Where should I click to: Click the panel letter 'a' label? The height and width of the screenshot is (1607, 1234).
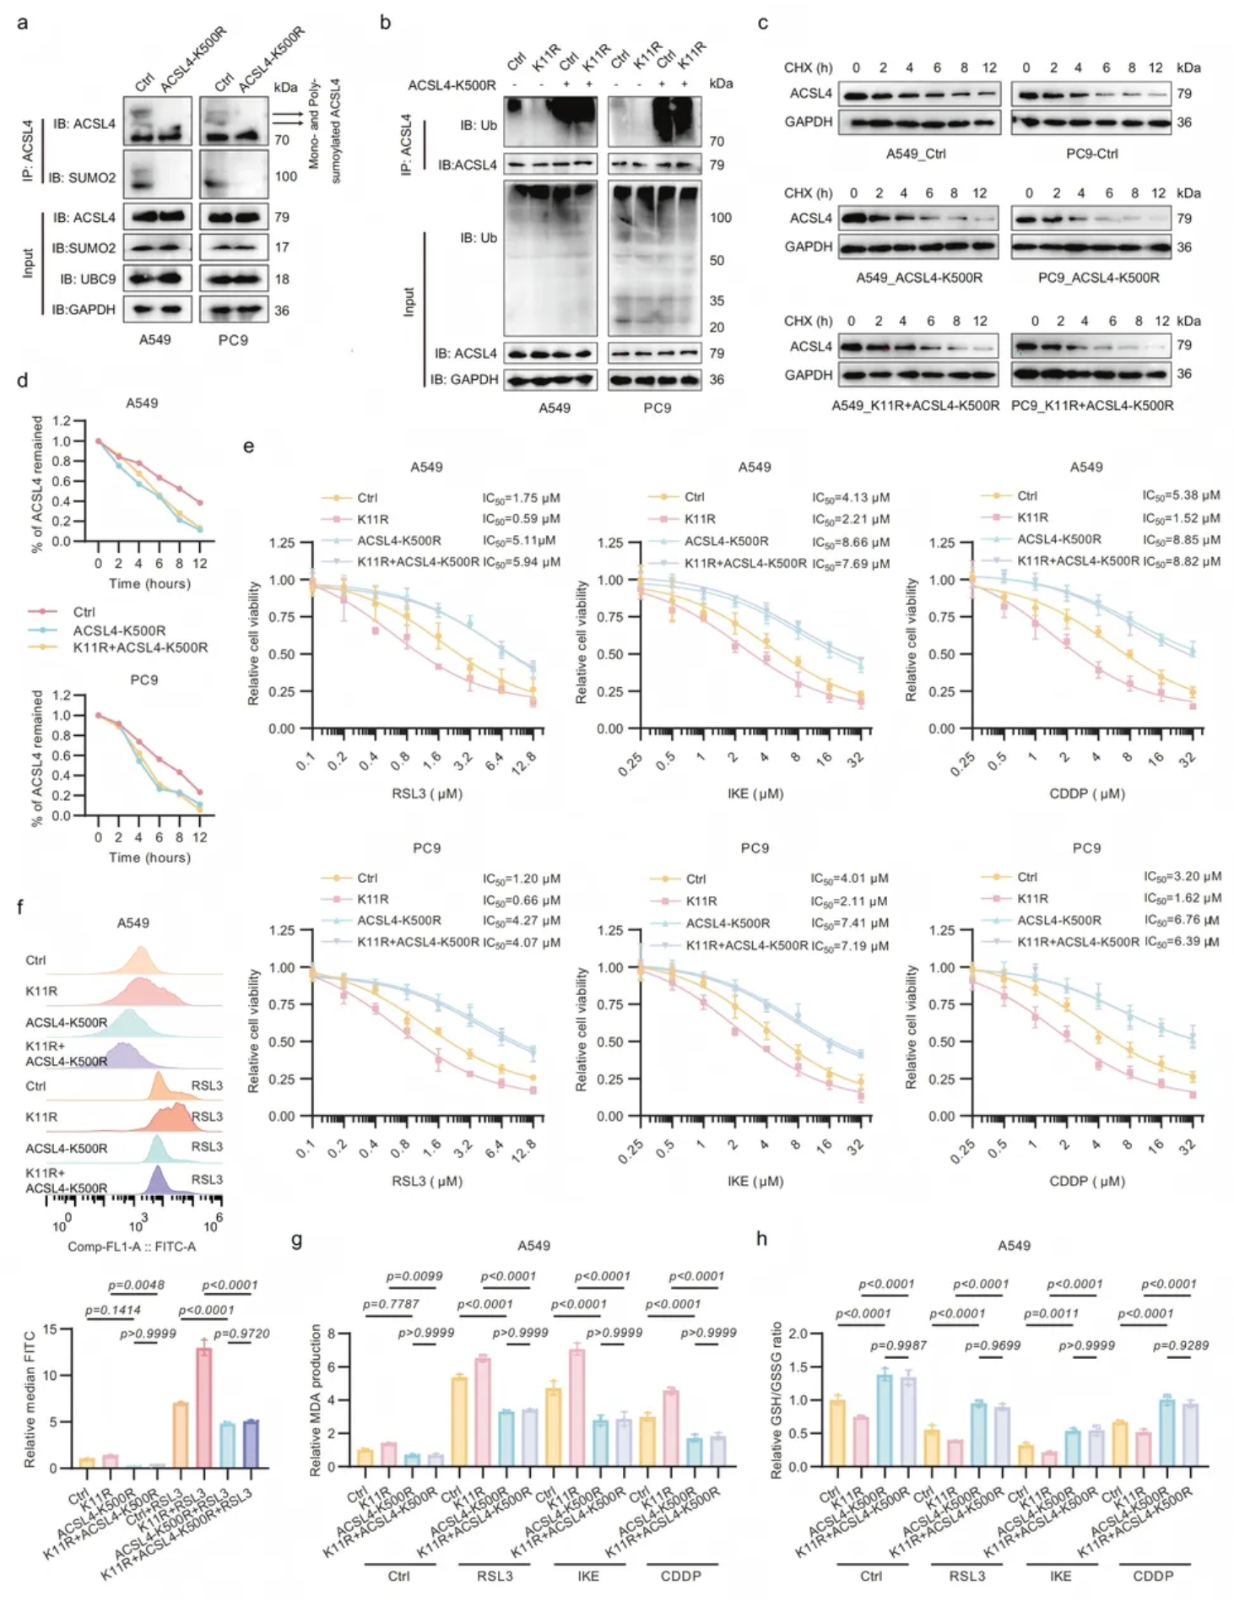click(x=22, y=22)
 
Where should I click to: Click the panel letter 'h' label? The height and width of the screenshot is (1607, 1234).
click(x=762, y=1238)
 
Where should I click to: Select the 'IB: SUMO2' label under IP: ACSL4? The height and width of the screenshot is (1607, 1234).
click(x=82, y=177)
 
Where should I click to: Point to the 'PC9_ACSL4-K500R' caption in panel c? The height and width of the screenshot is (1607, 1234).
click(x=1098, y=278)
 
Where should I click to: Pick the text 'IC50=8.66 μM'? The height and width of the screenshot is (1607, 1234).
click(x=851, y=542)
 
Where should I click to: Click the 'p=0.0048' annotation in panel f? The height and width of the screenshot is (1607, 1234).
click(x=136, y=1285)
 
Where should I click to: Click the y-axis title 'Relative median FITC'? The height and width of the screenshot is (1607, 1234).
click(x=30, y=1399)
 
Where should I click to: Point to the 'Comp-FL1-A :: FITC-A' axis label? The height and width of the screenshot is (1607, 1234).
click(x=133, y=1246)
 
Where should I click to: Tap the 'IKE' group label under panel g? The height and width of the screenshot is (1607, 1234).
click(x=588, y=1576)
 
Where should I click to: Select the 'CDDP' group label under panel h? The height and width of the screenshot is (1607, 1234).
click(x=1153, y=1576)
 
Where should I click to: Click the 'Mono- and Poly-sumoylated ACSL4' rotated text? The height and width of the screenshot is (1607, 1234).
click(x=324, y=131)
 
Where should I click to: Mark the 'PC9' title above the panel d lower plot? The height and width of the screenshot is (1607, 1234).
click(x=143, y=679)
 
